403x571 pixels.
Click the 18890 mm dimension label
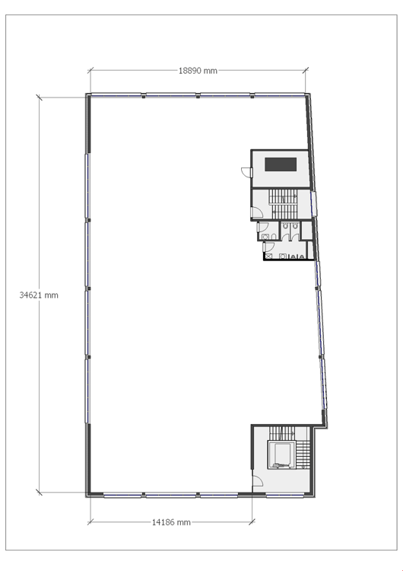pos(198,71)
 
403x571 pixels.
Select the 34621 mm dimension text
pos(39,295)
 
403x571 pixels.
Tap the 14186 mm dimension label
pos(171,522)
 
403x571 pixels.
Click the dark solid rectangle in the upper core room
pos(281,164)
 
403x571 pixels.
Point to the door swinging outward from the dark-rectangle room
pos(247,173)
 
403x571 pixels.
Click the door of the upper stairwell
pos(257,212)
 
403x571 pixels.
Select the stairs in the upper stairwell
pos(283,204)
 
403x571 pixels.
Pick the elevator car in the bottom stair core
pos(281,455)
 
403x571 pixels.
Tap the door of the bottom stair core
pos(258,481)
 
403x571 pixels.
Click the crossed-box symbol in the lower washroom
pos(268,257)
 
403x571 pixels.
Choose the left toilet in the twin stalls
pos(285,226)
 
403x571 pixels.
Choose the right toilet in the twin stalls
pos(295,226)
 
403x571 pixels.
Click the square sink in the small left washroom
pos(265,237)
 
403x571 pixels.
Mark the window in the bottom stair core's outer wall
pos(285,496)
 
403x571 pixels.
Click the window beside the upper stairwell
pos(313,203)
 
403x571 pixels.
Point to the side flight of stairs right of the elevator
pos(303,455)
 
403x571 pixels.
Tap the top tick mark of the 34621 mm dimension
pos(40,97)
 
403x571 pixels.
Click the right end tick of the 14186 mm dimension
pos(252,522)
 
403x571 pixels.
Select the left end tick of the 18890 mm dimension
pos(90,70)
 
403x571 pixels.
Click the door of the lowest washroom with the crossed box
pos(268,247)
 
